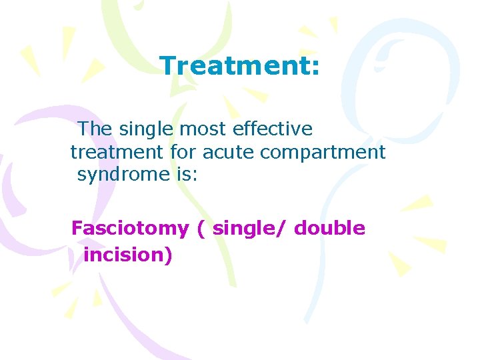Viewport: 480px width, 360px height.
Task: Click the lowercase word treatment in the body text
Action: click(x=117, y=153)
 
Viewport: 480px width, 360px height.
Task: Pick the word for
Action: click(x=183, y=153)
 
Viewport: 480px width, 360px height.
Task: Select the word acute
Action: click(x=228, y=153)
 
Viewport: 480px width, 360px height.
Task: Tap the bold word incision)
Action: click(x=128, y=254)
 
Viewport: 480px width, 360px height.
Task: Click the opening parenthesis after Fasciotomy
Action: click(x=201, y=229)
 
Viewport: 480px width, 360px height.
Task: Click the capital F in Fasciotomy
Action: click(x=77, y=229)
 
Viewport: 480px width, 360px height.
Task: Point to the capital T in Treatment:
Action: click(x=167, y=66)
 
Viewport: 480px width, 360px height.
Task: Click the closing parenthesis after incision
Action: click(x=169, y=255)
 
